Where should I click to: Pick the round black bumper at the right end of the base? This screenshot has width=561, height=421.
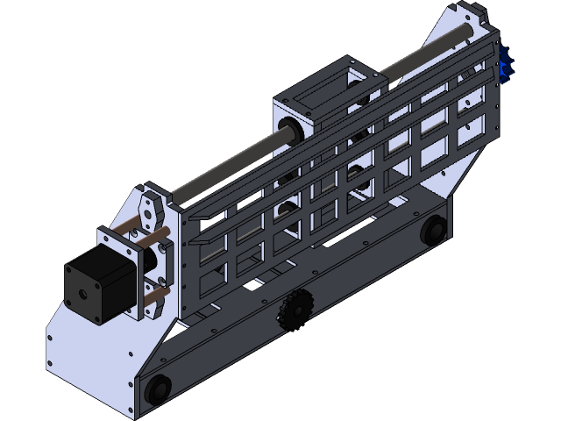431,232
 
